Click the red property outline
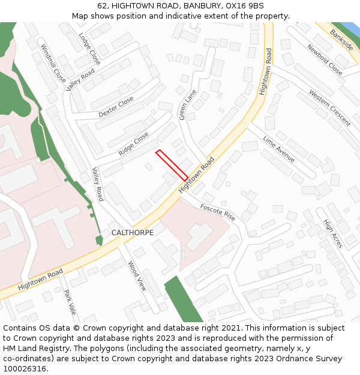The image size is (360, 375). [x=172, y=165]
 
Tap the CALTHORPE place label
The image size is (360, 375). [x=133, y=233]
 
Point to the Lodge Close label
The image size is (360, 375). [x=89, y=49]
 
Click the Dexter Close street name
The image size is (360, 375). [x=116, y=107]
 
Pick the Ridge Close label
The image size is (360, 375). [x=133, y=144]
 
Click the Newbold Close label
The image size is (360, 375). [x=325, y=60]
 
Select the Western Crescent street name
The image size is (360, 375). [x=330, y=107]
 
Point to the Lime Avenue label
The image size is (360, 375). [x=279, y=149]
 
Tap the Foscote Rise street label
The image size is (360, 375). [x=218, y=212]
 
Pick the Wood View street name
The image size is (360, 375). [x=137, y=276]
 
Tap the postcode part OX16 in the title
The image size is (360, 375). [x=231, y=5]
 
